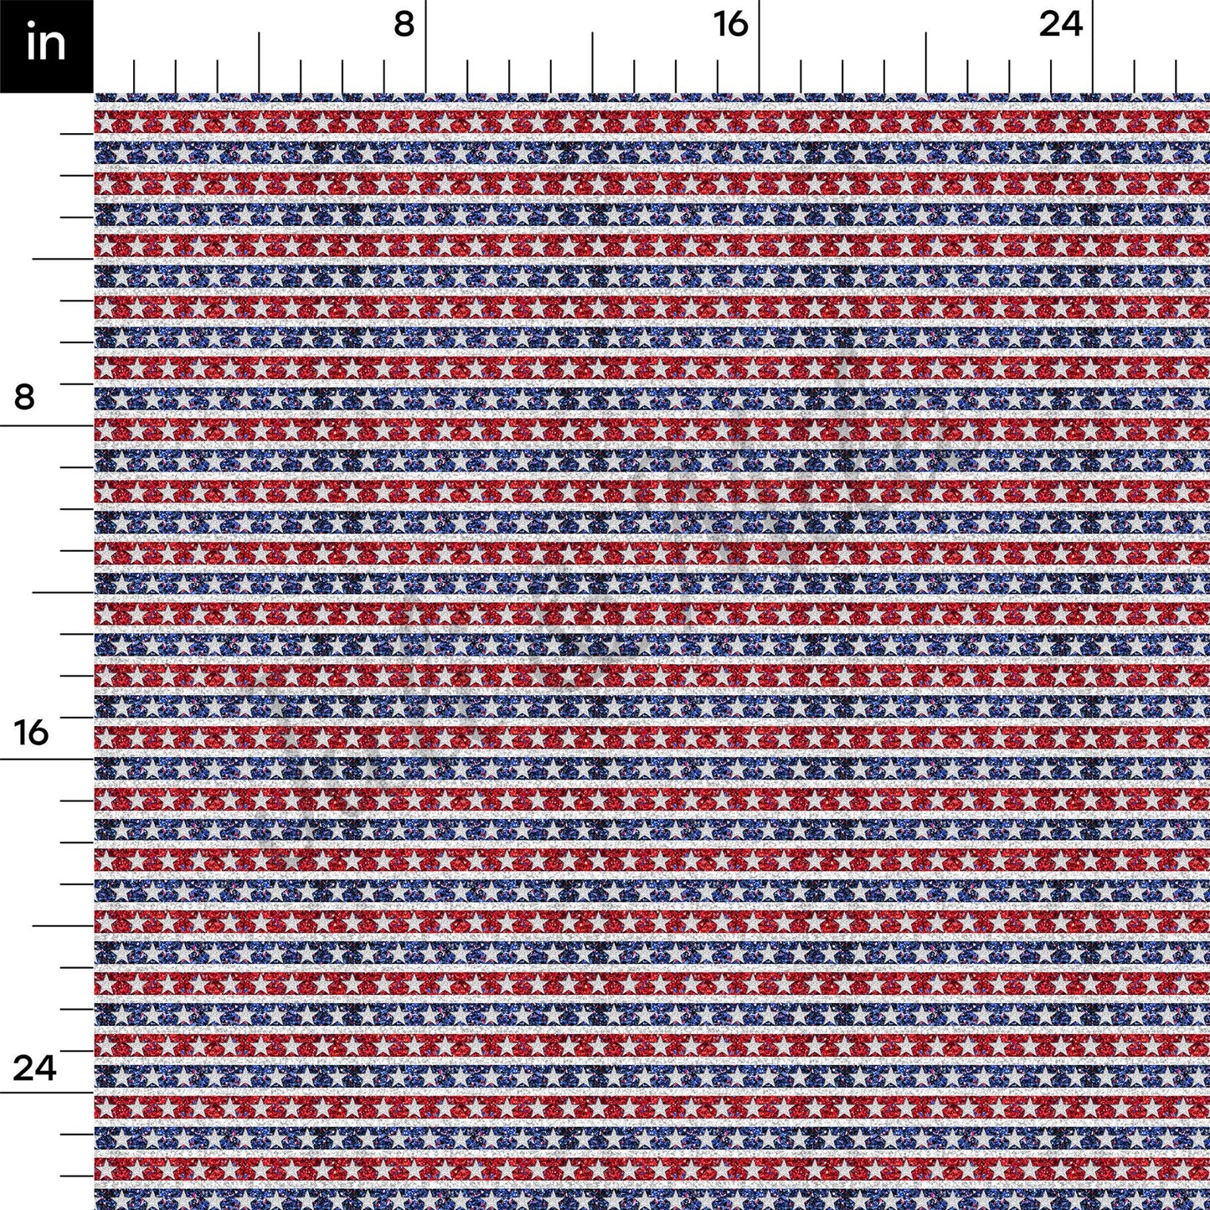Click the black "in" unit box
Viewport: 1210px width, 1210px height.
[x=46, y=46]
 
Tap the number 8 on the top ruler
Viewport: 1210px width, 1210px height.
[x=404, y=25]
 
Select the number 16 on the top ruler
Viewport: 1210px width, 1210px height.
[x=731, y=25]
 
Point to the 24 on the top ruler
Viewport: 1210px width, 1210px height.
[x=1061, y=25]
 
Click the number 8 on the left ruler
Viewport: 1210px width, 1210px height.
[x=25, y=396]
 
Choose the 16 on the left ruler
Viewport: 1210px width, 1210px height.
[x=32, y=733]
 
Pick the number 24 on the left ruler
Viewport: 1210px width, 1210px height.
[x=33, y=1068]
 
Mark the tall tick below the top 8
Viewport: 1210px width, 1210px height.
[x=426, y=47]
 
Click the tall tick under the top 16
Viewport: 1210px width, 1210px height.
[x=759, y=47]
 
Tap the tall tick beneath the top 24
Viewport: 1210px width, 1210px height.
[x=1092, y=47]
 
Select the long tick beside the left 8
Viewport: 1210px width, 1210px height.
[x=47, y=425]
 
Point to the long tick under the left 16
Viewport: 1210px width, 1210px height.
[x=47, y=759]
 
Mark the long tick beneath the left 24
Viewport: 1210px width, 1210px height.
[x=47, y=1092]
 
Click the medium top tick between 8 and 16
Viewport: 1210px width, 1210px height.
[x=593, y=63]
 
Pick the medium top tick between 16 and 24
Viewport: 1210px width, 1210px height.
[x=926, y=63]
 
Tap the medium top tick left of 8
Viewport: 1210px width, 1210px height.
[x=260, y=63]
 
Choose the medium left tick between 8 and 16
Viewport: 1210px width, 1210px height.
[x=63, y=592]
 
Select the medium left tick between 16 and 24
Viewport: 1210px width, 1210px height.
[x=63, y=925]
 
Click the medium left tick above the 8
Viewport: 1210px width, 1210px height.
[x=63, y=259]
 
